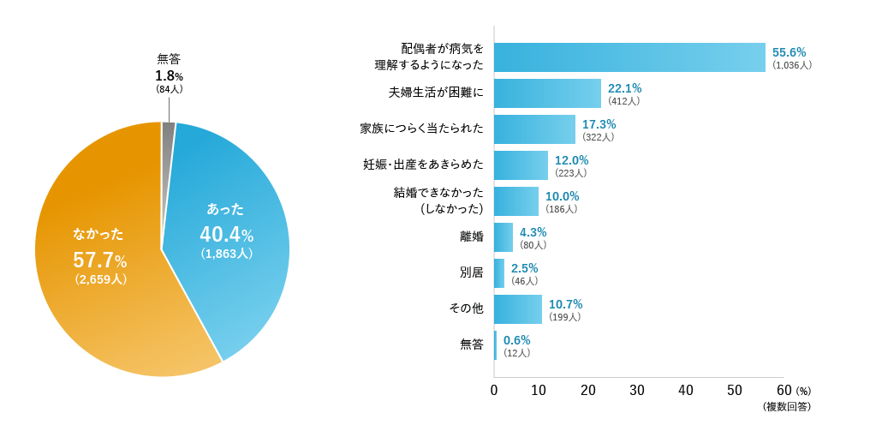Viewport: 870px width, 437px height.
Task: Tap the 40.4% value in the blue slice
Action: (226, 235)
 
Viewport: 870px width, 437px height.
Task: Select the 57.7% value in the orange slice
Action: (99, 260)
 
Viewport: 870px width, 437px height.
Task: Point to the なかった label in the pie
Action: (98, 233)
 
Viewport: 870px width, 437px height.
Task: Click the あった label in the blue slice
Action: (225, 209)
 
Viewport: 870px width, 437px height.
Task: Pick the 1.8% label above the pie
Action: (169, 75)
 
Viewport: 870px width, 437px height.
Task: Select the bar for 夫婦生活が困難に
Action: (547, 93)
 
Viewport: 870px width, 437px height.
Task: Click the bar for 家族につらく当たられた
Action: (534, 129)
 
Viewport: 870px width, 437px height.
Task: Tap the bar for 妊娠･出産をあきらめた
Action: (521, 165)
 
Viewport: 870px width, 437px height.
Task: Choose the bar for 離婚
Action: (504, 237)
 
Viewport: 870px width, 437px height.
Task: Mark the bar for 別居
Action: (499, 273)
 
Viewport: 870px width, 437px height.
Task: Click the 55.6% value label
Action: (789, 52)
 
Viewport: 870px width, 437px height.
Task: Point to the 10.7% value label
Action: (565, 304)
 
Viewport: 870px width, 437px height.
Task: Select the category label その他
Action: (466, 308)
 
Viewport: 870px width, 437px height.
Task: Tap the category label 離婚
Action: (471, 236)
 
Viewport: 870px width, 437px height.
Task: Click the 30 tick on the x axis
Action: (637, 390)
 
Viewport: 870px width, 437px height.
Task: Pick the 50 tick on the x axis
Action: (734, 390)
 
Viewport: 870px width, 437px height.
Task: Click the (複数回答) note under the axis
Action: (786, 407)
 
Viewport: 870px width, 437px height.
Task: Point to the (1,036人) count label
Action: (791, 65)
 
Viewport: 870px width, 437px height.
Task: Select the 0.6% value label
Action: (516, 340)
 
